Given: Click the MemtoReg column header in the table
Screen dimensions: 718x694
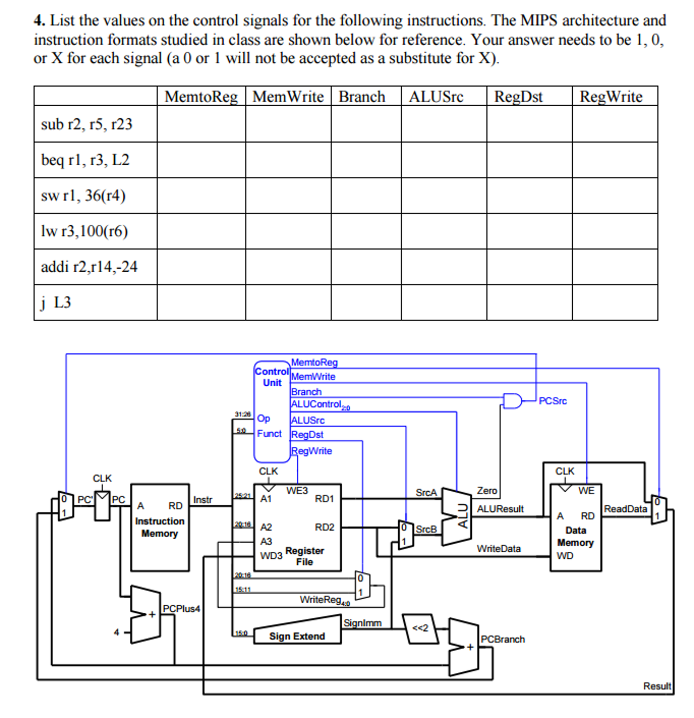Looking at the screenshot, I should (201, 97).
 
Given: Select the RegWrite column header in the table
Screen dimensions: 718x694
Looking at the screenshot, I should (611, 97).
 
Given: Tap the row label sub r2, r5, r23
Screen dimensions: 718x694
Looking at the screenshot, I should (86, 124).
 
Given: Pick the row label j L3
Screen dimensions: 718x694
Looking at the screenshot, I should (56, 303).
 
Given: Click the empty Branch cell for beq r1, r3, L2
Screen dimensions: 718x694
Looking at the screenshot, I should (366, 160).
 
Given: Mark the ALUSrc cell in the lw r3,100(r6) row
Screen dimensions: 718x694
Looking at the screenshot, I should (444, 231).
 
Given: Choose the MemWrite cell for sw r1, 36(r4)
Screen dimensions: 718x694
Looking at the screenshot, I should (288, 195).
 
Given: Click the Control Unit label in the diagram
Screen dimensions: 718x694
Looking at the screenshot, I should (272, 377).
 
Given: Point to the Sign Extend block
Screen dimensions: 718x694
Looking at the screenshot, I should (297, 636).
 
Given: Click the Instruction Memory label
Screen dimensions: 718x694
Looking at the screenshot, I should (160, 527).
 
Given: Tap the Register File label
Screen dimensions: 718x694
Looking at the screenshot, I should (304, 556).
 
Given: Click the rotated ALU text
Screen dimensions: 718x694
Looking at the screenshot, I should (463, 516).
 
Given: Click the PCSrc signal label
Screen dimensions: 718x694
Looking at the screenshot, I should (552, 401).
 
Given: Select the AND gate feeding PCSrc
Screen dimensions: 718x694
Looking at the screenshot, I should (512, 401).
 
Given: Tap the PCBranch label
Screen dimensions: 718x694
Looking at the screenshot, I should (503, 639).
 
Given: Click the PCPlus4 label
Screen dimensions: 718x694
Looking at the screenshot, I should (181, 609).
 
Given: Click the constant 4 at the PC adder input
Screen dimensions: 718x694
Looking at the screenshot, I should (116, 632).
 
